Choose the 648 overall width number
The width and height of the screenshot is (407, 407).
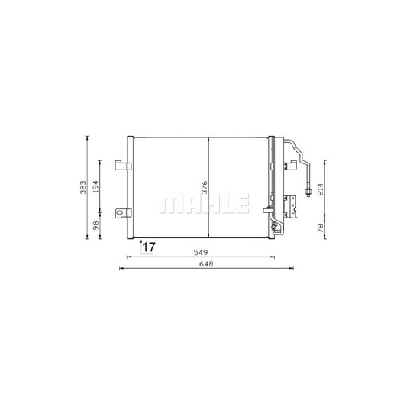tap(205, 264)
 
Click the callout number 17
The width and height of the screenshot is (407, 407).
tap(148, 247)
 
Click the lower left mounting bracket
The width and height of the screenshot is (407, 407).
tap(121, 213)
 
